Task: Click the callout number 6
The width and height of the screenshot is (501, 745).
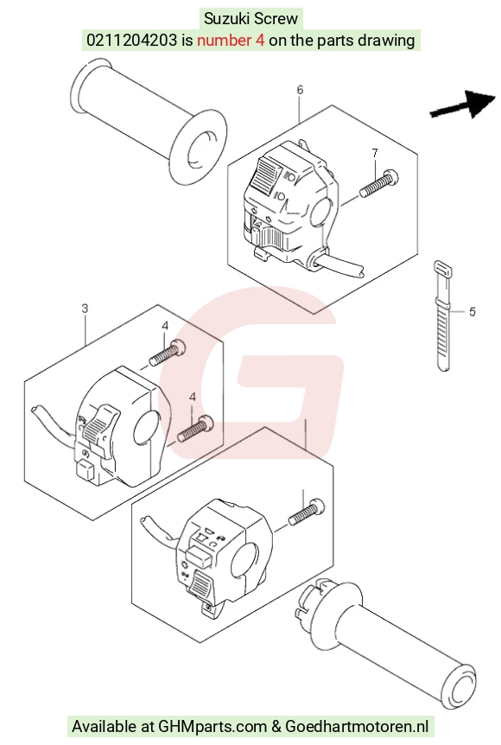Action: pyautogui.click(x=300, y=89)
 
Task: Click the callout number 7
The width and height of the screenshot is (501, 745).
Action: pyautogui.click(x=375, y=153)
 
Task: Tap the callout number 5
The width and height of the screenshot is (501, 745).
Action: pyautogui.click(x=472, y=312)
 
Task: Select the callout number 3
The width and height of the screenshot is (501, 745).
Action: pyautogui.click(x=85, y=309)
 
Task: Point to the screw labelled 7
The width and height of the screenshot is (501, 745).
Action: pyautogui.click(x=378, y=184)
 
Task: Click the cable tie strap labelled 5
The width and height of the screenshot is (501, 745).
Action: pyautogui.click(x=442, y=315)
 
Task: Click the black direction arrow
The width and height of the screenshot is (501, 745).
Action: pyautogui.click(x=463, y=105)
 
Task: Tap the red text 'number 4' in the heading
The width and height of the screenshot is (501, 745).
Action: pyautogui.click(x=231, y=41)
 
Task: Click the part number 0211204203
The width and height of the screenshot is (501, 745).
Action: pyautogui.click(x=131, y=41)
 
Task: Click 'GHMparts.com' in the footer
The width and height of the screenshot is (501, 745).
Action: pyautogui.click(x=212, y=727)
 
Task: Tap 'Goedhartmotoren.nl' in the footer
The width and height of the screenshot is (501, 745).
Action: pyautogui.click(x=357, y=727)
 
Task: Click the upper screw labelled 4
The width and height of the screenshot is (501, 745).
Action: pyautogui.click(x=168, y=354)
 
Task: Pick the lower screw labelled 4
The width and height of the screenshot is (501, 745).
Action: pyautogui.click(x=195, y=428)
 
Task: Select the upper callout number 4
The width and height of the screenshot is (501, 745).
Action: pyautogui.click(x=165, y=326)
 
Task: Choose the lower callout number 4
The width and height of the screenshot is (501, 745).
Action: pyautogui.click(x=193, y=397)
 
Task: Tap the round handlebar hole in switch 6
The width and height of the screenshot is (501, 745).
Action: pyautogui.click(x=321, y=214)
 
